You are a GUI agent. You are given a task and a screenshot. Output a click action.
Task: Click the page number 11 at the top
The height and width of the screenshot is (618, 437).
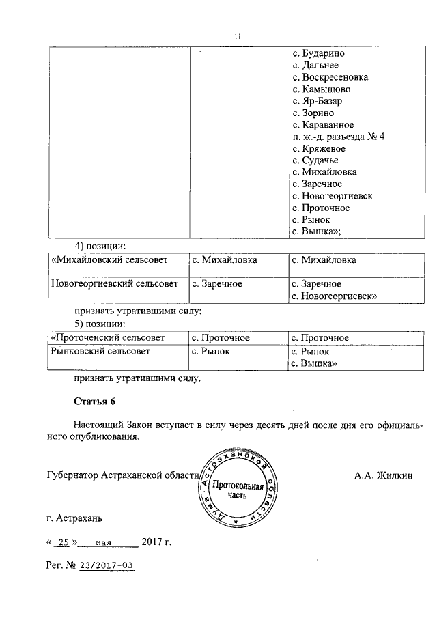(238, 37)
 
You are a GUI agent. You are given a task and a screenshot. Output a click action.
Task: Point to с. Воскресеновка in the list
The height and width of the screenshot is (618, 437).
(330, 77)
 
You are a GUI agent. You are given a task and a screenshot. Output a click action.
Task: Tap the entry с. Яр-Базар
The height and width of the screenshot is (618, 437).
(317, 101)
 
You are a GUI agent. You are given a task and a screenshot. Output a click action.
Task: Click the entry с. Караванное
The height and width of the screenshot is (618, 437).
(322, 125)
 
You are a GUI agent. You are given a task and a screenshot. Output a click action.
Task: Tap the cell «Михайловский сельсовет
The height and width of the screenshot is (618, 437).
(108, 260)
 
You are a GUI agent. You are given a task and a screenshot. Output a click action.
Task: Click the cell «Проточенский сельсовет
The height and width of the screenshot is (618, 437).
(108, 338)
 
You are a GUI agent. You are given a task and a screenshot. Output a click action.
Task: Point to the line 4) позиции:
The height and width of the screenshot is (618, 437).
(101, 245)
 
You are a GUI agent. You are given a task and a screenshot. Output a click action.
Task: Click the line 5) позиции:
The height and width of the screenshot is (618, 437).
(101, 323)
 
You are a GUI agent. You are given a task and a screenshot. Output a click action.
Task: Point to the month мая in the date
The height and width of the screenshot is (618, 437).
(104, 544)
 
